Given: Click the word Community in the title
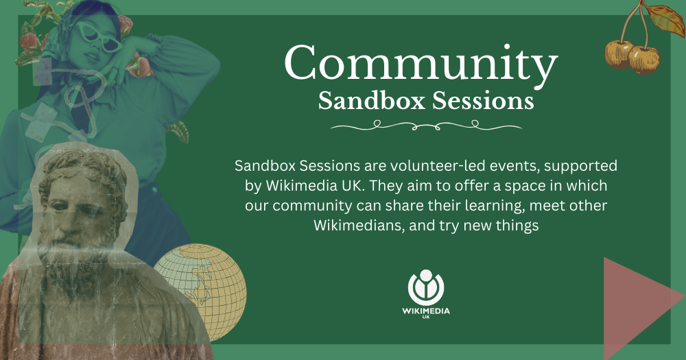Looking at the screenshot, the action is pos(421,64).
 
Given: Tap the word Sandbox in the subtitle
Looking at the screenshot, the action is pos(371,101).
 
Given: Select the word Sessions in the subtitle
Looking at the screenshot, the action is pos(483,101).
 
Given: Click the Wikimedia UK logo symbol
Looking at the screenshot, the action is pos(426,287).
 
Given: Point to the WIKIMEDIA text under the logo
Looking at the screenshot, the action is pos(426,311).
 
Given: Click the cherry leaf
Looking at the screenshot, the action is pos(665,19).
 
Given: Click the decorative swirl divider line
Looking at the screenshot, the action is pos(426,126).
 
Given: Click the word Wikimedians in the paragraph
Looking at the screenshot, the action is pos(359,226).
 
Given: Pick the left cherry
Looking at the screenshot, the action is pos(618,54).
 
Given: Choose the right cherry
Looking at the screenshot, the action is pos(644,60).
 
